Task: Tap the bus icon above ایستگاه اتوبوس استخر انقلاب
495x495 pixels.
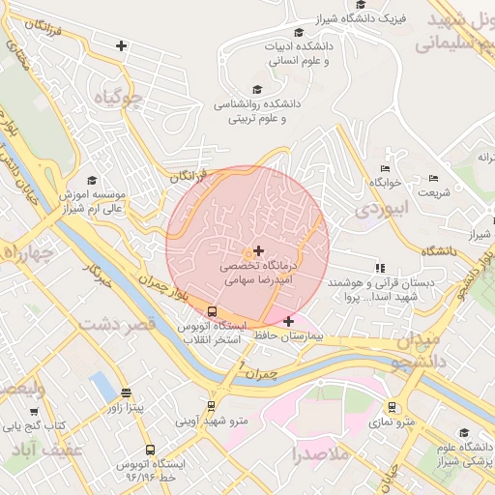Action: pos(212,311)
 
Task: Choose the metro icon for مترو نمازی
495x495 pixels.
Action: pos(392,407)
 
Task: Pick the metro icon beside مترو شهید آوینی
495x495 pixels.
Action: pos(210,407)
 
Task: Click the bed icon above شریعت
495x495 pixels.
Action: pos(432,178)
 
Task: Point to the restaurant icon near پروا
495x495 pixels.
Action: pos(379,268)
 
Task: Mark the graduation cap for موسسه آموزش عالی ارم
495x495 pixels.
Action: pos(92,180)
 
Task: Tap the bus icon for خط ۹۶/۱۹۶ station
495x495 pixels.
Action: pos(150,450)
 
